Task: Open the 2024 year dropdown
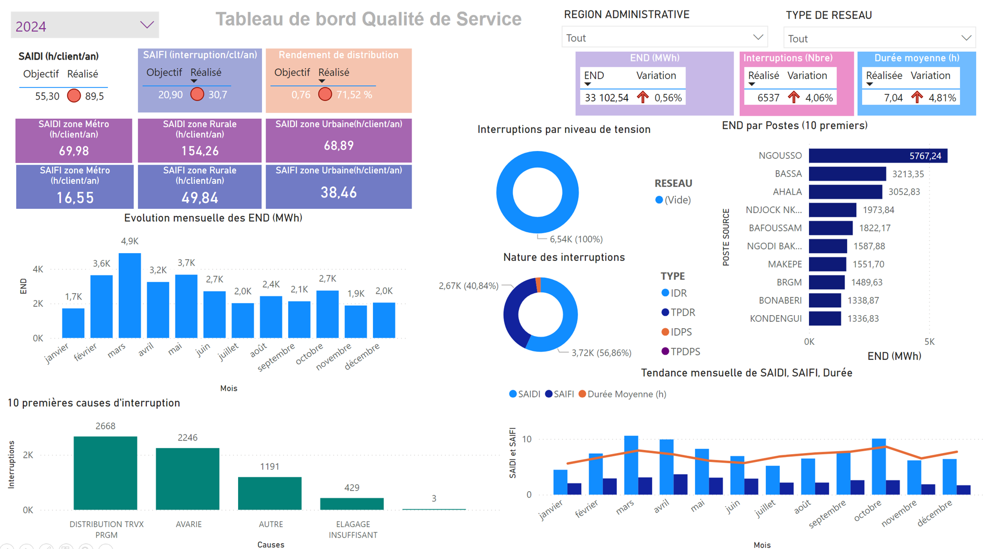(146, 25)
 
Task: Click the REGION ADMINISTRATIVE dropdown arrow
(758, 38)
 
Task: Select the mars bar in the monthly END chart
(130, 295)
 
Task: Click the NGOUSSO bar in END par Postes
(878, 156)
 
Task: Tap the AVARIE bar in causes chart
(188, 479)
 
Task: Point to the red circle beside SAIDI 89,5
(74, 96)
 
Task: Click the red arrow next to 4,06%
(793, 97)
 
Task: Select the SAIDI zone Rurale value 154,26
(200, 151)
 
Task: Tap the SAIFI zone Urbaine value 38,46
(339, 193)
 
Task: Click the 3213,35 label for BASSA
(908, 174)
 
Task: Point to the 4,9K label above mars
(130, 241)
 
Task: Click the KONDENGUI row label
(776, 319)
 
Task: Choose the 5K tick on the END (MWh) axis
(929, 342)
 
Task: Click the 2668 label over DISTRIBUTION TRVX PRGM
(105, 426)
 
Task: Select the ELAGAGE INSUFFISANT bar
(352, 504)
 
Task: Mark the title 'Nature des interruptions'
(564, 257)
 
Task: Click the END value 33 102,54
(606, 98)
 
